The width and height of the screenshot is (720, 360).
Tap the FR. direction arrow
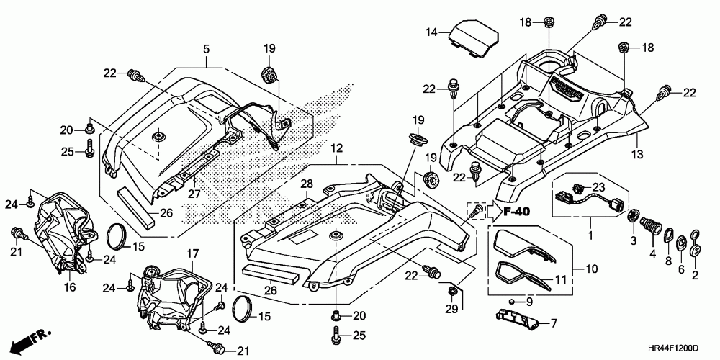click(x=30, y=339)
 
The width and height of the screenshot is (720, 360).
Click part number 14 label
click(x=431, y=32)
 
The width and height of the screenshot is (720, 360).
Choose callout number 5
click(x=207, y=48)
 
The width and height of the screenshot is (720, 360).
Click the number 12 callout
click(x=336, y=148)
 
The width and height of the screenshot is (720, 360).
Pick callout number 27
click(x=194, y=194)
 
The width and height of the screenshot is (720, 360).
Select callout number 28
click(x=306, y=184)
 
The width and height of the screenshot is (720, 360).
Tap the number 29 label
click(x=452, y=309)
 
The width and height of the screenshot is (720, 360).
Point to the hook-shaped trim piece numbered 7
click(x=517, y=319)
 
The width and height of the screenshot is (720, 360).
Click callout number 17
click(x=193, y=253)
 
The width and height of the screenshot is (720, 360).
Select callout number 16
click(x=69, y=287)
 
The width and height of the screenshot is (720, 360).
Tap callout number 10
click(x=592, y=269)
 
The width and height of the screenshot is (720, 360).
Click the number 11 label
click(x=560, y=279)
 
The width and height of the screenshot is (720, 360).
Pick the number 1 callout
click(x=590, y=236)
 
